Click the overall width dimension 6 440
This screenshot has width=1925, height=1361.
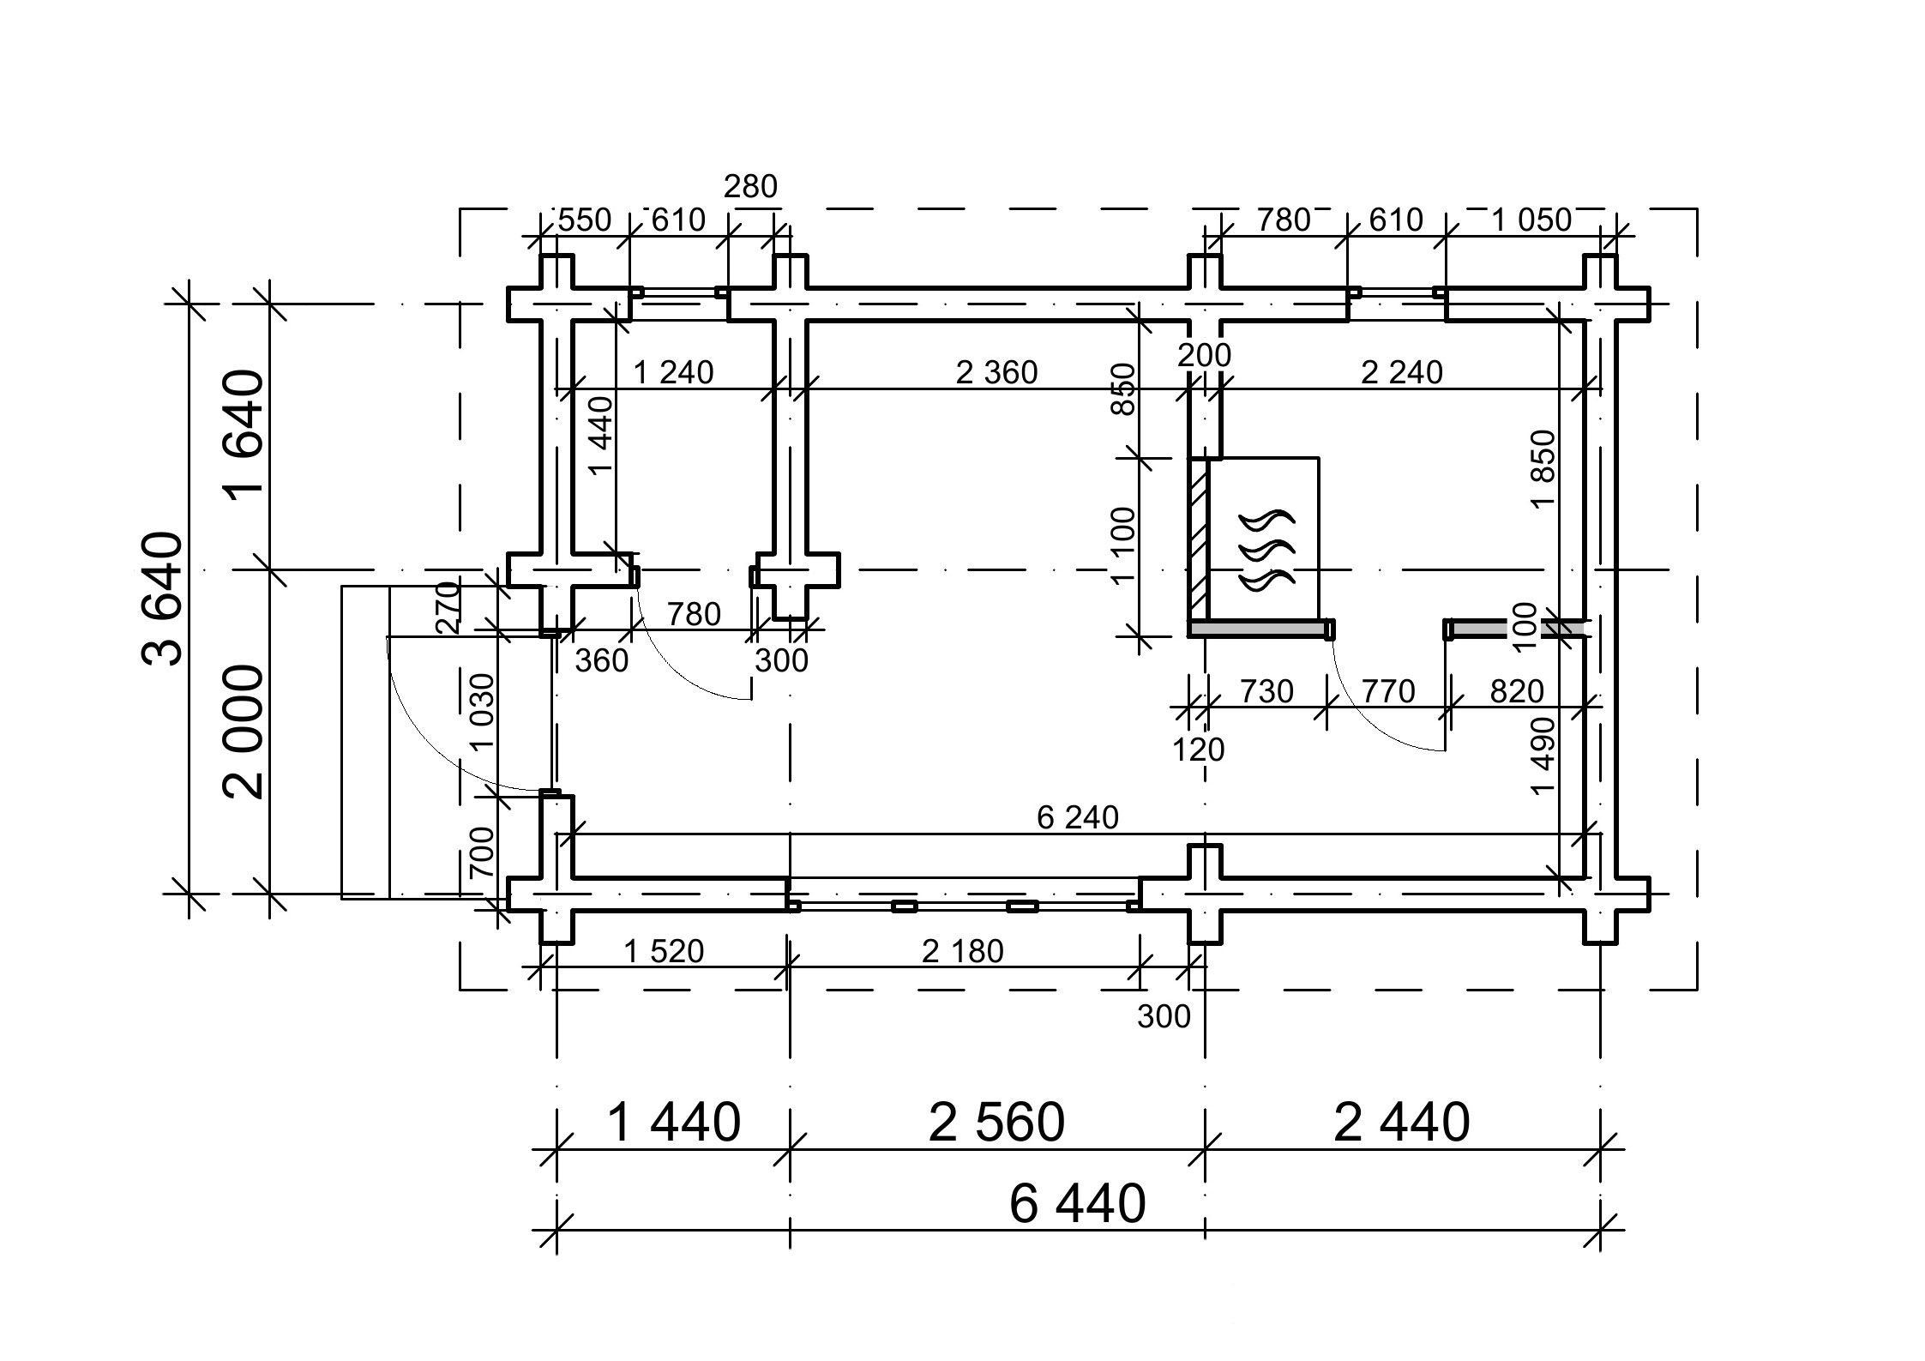pyautogui.click(x=1077, y=1203)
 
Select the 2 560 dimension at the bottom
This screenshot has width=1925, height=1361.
pyautogui.click(x=996, y=1122)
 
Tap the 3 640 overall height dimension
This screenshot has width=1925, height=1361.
pyautogui.click(x=162, y=599)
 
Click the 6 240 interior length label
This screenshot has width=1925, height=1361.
pyautogui.click(x=1078, y=817)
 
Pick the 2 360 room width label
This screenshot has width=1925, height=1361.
pyautogui.click(x=996, y=372)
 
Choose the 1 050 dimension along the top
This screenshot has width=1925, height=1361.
pyautogui.click(x=1531, y=220)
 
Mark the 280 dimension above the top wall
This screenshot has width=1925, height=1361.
pyautogui.click(x=750, y=186)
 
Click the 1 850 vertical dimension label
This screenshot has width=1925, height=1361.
pyautogui.click(x=1543, y=469)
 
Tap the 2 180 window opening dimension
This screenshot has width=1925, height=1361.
pyautogui.click(x=962, y=951)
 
